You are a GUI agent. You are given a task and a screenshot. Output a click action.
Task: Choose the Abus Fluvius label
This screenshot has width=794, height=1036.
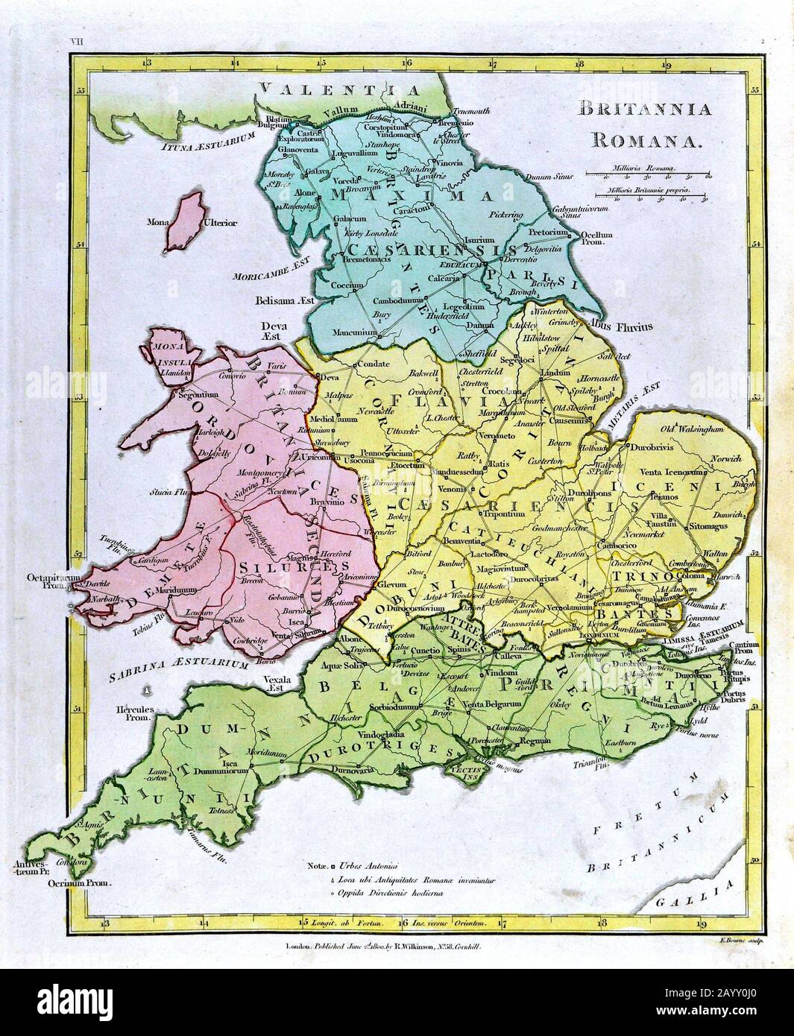(x=620, y=326)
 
